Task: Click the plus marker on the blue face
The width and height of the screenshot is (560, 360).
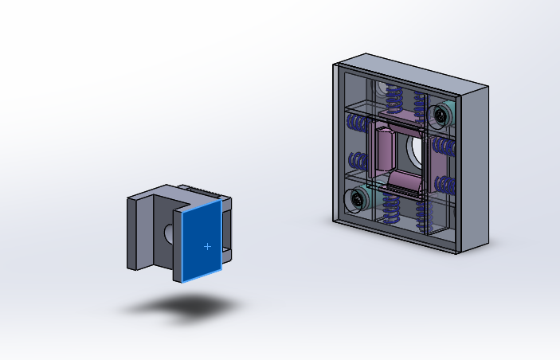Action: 208,247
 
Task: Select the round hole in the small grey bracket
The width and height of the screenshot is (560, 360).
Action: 169,233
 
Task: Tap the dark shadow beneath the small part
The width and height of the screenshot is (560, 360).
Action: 186,306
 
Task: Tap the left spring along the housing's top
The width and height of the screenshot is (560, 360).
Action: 394,99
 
